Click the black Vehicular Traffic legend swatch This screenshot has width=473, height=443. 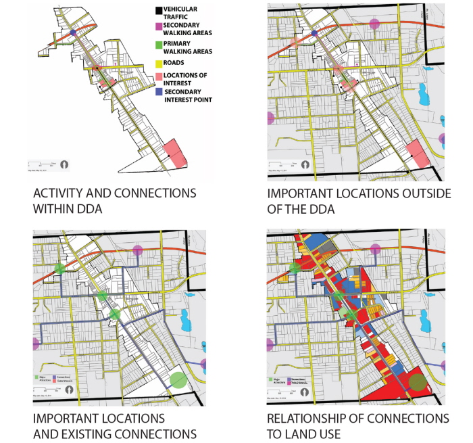pyautogui.click(x=158, y=11)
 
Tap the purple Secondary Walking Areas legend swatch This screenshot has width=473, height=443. pyautogui.click(x=158, y=26)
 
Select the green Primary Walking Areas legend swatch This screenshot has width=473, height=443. pyautogui.click(x=158, y=46)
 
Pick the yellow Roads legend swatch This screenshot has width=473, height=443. pyautogui.click(x=158, y=64)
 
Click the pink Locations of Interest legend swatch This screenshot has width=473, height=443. pyautogui.click(x=158, y=77)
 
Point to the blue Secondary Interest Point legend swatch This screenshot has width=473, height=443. pyautogui.click(x=158, y=93)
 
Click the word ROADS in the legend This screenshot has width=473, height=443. pyautogui.click(x=174, y=63)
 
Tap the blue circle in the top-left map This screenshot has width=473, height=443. pyautogui.click(x=73, y=32)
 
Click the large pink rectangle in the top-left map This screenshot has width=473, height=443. pyautogui.click(x=175, y=152)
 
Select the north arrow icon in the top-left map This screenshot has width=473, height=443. pyautogui.click(x=65, y=164)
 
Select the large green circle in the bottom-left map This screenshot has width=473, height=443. pyautogui.click(x=178, y=380)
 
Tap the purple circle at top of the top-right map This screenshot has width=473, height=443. pyautogui.click(x=375, y=25)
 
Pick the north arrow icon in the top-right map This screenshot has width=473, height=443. pyautogui.click(x=305, y=164)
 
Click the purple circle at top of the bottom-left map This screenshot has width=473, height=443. pyautogui.click(x=138, y=251)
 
